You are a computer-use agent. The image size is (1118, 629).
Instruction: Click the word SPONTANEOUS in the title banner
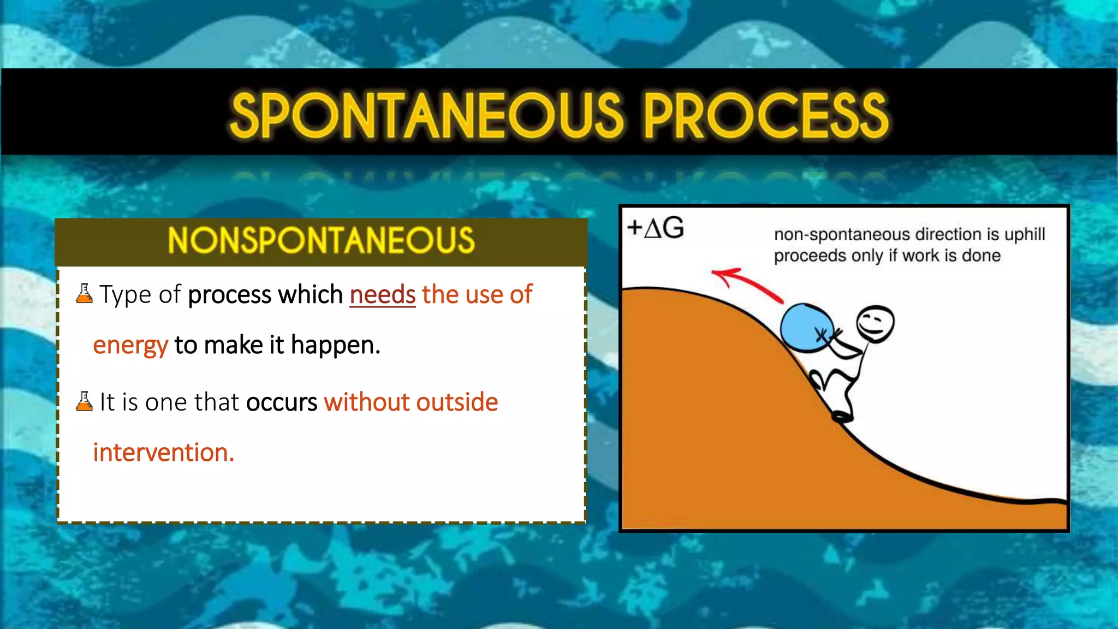coord(426,115)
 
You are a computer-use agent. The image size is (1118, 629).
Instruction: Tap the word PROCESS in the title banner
coord(765,115)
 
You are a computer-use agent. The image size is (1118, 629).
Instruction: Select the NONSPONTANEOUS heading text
coord(321,241)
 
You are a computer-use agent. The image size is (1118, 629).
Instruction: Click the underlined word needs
coord(382,295)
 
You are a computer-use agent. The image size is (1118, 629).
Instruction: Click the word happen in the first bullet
coord(335,345)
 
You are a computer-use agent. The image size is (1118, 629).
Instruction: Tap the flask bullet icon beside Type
coord(84,294)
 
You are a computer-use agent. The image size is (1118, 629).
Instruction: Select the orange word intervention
coord(163,453)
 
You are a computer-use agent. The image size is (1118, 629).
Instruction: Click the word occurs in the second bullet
coord(281,402)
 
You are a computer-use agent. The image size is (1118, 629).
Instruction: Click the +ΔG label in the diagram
coord(655,228)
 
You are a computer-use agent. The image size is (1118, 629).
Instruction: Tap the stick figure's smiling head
coord(875,323)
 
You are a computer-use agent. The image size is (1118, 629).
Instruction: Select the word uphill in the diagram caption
coord(1024,234)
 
